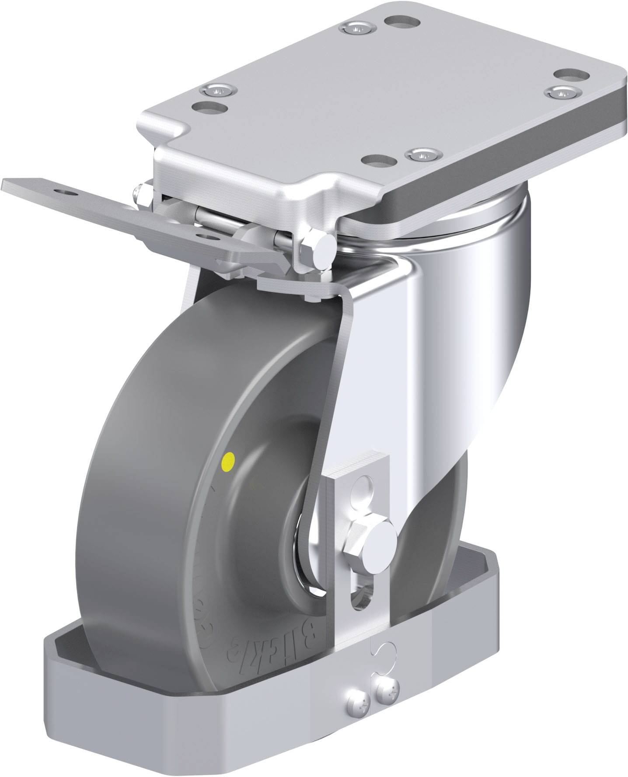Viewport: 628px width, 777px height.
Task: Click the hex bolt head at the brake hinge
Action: point(321,250)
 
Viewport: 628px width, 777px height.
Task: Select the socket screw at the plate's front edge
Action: point(421,154)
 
